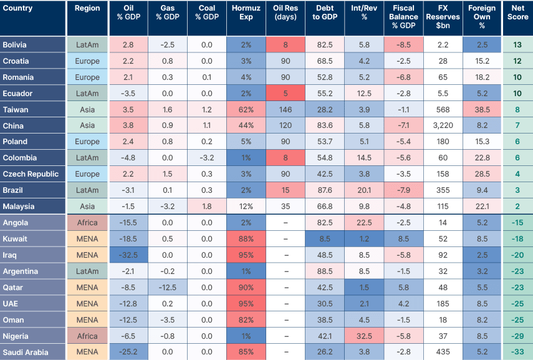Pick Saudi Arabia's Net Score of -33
click(x=517, y=352)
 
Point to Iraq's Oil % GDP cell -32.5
click(x=128, y=255)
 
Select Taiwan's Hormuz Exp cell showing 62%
click(x=246, y=110)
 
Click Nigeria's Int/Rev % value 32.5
click(x=364, y=336)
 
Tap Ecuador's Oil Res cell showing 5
click(x=285, y=94)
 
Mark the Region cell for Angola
click(x=87, y=223)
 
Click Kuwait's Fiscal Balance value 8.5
click(x=403, y=239)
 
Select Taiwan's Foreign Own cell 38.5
click(x=481, y=110)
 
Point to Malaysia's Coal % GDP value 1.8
click(x=206, y=207)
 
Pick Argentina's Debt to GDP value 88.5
click(x=324, y=271)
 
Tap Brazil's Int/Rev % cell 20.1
click(x=364, y=190)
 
